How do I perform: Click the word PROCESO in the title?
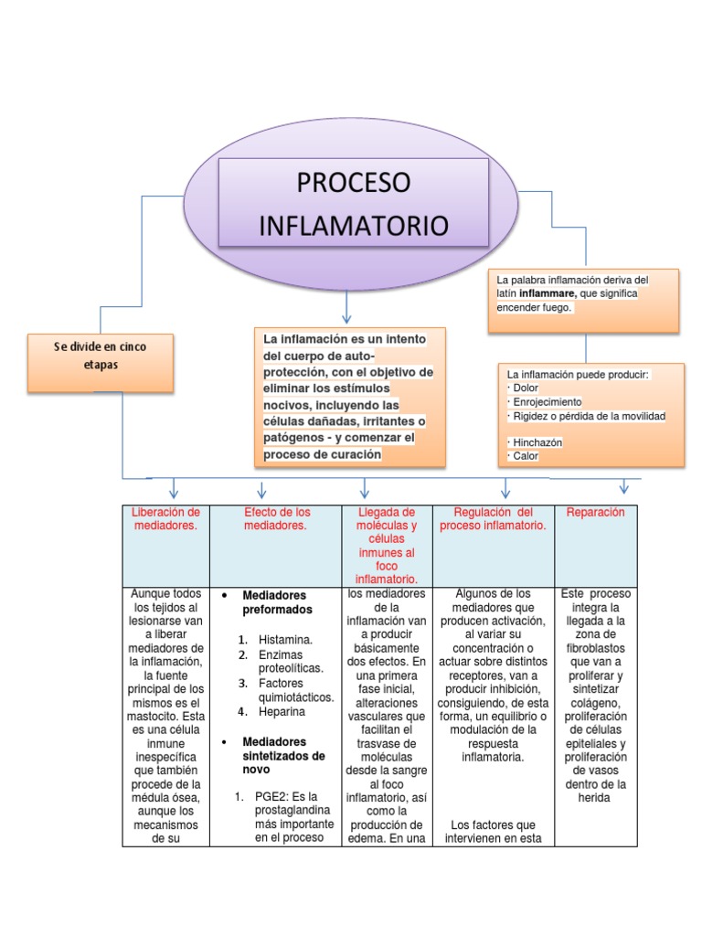click(354, 182)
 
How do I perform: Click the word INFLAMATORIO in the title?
click(354, 225)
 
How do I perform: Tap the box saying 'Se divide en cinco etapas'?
click(100, 356)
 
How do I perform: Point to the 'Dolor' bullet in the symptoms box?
click(526, 388)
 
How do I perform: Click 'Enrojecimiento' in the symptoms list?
click(546, 402)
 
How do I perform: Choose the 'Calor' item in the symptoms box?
click(526, 456)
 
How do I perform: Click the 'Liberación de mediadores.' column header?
click(165, 518)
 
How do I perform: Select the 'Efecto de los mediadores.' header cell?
click(277, 518)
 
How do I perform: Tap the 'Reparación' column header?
click(596, 513)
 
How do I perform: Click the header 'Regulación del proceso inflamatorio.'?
click(493, 518)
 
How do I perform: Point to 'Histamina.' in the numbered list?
click(285, 640)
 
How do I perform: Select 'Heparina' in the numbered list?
click(282, 711)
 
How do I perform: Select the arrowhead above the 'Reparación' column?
click(625, 486)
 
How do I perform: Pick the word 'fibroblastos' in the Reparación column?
click(595, 646)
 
